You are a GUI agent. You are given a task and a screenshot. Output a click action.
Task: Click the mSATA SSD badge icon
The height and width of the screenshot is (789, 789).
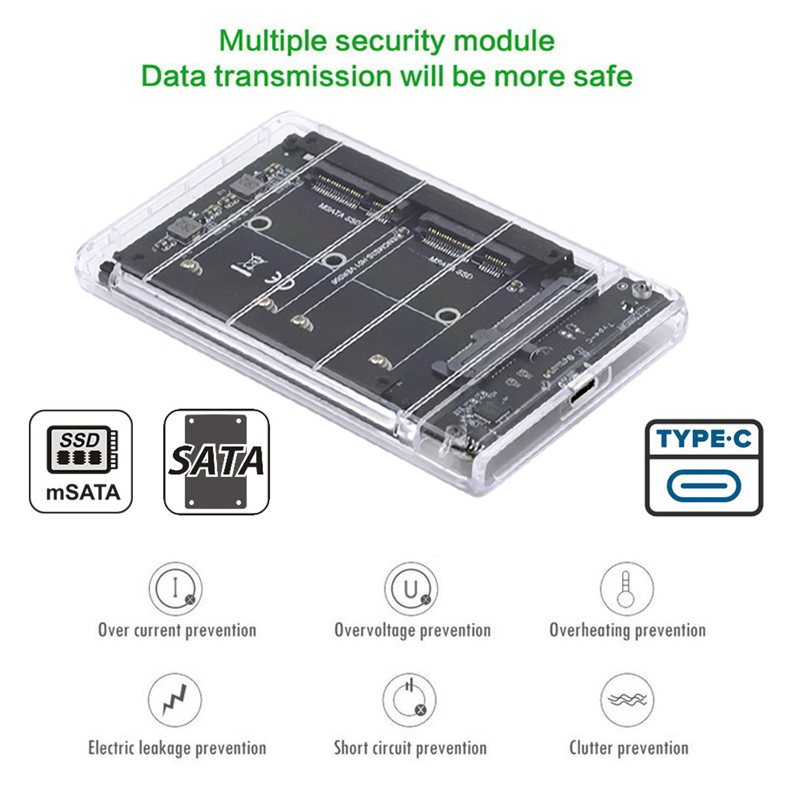point(81,461)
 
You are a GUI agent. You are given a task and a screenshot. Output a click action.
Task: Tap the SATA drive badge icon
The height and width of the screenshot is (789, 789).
point(216,462)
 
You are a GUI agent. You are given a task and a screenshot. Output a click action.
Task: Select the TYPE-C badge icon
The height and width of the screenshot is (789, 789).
point(704,467)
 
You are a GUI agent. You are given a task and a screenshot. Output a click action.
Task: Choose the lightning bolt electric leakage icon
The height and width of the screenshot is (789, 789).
point(174,700)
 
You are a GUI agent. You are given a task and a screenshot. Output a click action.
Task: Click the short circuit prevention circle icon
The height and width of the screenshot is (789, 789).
point(410,700)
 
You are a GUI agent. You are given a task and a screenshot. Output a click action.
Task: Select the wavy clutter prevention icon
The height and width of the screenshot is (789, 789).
point(627,700)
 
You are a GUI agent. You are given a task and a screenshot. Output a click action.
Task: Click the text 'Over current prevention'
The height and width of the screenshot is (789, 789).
point(177,630)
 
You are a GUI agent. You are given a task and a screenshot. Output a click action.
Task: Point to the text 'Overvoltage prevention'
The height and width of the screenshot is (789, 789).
point(412,630)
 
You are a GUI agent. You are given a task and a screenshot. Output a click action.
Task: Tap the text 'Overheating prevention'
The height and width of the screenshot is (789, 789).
point(627,630)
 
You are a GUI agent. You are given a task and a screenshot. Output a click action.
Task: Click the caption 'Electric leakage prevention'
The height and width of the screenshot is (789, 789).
point(177,748)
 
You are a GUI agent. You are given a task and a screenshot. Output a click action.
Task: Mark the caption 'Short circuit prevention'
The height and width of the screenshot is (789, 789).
point(410,748)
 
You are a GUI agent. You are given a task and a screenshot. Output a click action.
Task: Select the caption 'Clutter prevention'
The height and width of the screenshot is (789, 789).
point(629,748)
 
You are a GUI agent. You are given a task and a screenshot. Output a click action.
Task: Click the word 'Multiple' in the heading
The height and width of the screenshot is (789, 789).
point(273,41)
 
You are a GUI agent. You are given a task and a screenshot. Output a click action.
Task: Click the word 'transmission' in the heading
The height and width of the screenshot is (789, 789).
point(303,76)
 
